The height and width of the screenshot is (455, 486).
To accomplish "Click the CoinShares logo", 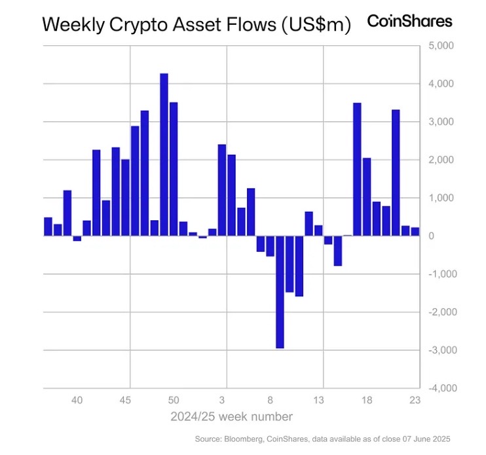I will click(x=409, y=21).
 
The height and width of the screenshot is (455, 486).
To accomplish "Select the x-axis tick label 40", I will click(x=77, y=400).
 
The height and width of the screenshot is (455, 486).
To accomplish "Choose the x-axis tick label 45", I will click(x=126, y=400).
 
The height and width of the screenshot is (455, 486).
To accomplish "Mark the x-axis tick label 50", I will click(x=174, y=400).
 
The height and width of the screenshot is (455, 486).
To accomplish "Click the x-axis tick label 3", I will click(x=222, y=400).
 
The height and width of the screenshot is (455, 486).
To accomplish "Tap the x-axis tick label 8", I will click(x=271, y=400).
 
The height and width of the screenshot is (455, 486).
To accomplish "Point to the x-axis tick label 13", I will click(x=318, y=400).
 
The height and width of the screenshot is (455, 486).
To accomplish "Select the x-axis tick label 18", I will click(x=367, y=400).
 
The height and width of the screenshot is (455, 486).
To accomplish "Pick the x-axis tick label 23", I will click(x=414, y=400).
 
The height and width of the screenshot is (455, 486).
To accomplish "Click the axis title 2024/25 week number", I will click(x=231, y=417).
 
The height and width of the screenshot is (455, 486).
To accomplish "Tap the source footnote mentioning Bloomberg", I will click(x=323, y=439).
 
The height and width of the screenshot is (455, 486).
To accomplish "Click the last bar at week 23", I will click(x=415, y=231).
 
